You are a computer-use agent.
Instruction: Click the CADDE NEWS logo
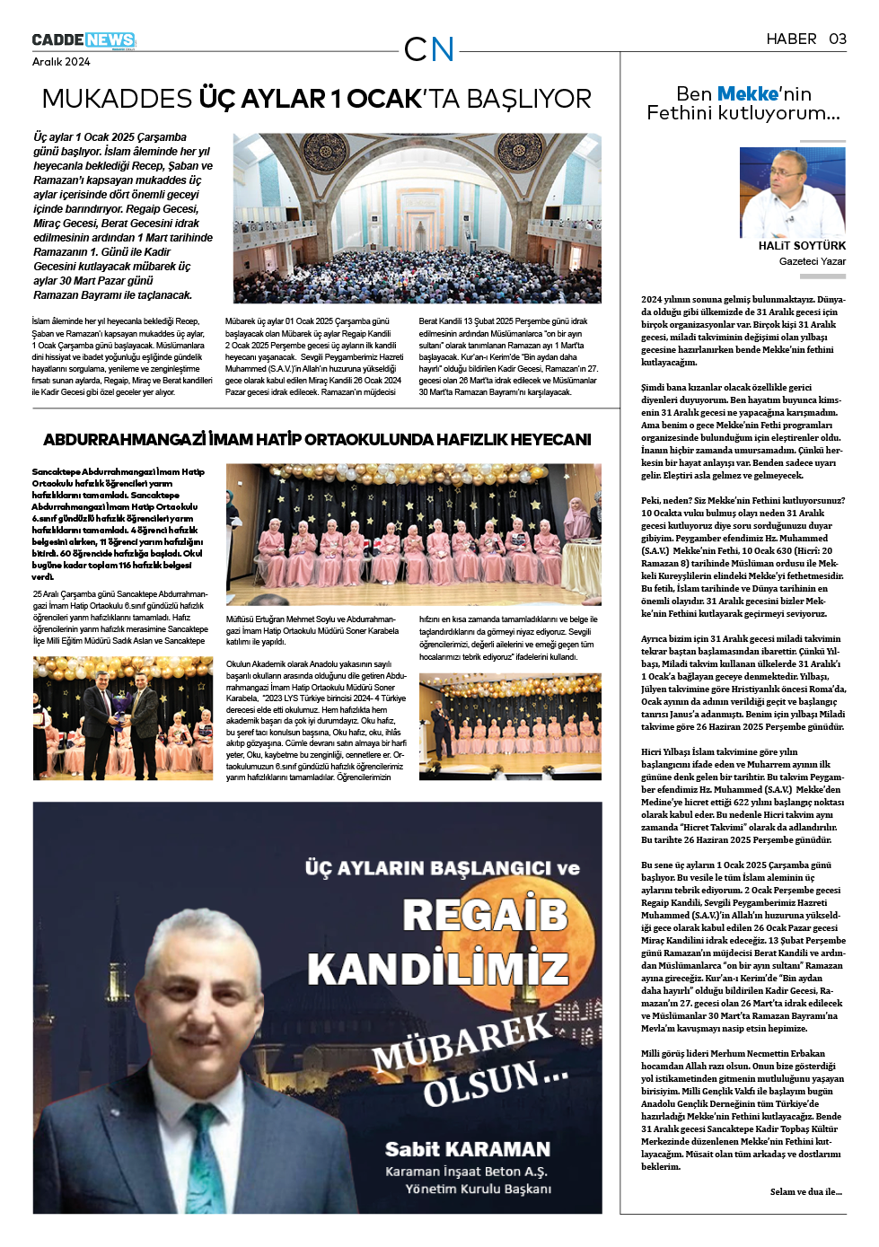click(x=84, y=40)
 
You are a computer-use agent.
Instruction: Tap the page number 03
click(x=837, y=39)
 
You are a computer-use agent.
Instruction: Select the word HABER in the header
click(x=791, y=39)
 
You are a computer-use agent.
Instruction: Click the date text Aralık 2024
click(x=61, y=62)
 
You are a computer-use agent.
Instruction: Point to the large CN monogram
click(x=429, y=49)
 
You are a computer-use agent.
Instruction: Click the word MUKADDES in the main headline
click(x=117, y=99)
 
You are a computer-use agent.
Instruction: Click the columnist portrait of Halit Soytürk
click(x=792, y=192)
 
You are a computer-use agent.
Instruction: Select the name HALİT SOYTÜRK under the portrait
click(x=802, y=246)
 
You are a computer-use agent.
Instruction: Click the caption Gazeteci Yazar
click(x=812, y=261)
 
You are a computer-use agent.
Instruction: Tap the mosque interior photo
click(x=417, y=218)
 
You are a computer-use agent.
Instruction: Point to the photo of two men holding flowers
click(x=122, y=718)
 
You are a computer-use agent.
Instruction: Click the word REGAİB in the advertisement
click(x=485, y=915)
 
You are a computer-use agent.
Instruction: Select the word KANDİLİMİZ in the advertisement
click(x=438, y=970)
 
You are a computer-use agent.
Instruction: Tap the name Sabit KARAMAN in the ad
click(x=467, y=1149)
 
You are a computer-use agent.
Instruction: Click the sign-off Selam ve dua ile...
click(x=805, y=1192)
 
